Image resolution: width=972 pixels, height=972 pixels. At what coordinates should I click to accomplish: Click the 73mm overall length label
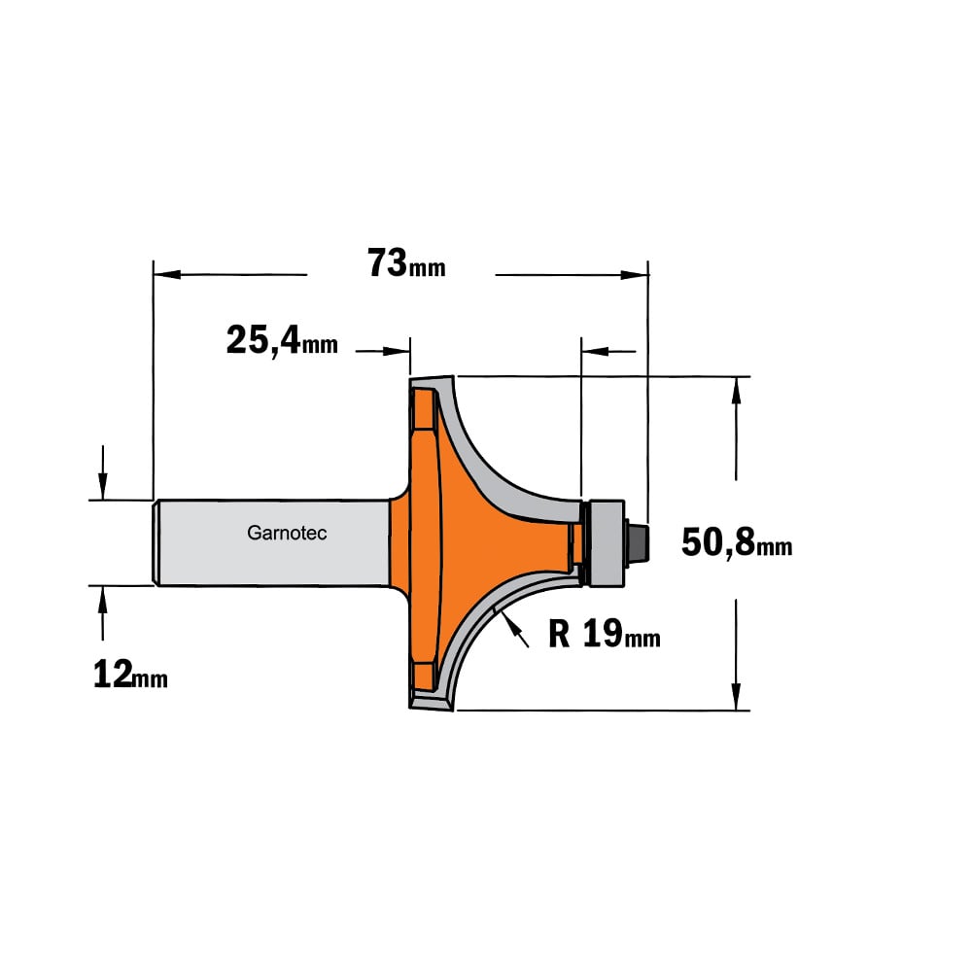click(406, 263)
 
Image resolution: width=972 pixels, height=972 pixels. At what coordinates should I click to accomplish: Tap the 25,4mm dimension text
click(282, 341)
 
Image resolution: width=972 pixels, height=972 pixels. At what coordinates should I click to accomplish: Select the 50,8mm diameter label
click(737, 542)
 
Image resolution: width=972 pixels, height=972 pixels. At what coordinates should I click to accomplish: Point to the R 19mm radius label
click(605, 634)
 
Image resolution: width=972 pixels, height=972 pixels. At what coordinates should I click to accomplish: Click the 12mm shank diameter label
click(130, 675)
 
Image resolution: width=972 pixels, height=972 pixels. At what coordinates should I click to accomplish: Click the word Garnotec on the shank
click(287, 533)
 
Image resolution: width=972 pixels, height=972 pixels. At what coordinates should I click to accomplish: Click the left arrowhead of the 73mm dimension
click(167, 274)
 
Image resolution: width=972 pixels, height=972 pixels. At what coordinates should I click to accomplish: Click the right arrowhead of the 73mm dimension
click(634, 275)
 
